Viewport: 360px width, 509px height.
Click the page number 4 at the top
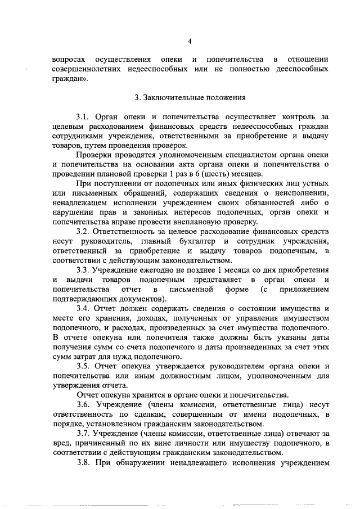point(190,42)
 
